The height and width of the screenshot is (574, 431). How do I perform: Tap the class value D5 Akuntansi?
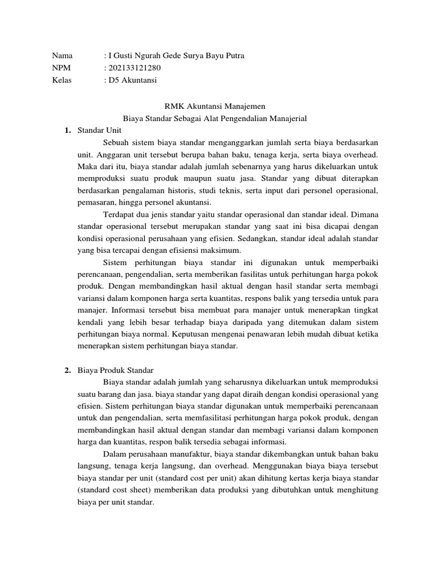point(133,80)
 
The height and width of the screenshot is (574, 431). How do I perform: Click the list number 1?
point(67,130)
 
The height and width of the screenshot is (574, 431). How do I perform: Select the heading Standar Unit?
point(96,130)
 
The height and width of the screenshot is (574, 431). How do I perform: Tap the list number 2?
point(67,371)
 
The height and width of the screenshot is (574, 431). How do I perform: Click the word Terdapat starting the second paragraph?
point(119,213)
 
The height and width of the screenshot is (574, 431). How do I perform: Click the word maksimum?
point(223,249)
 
